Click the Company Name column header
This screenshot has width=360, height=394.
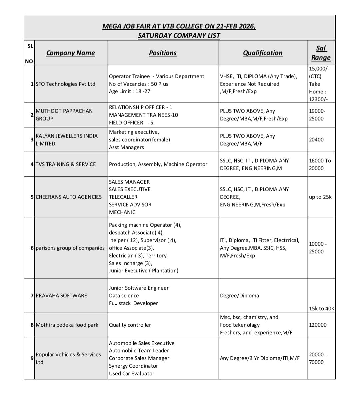click(70, 53)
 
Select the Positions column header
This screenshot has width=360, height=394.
click(163, 53)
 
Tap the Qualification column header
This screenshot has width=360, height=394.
click(263, 53)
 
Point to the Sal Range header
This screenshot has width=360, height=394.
click(321, 53)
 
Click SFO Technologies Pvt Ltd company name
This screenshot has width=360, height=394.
click(65, 84)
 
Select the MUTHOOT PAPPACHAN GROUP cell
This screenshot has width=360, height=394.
click(64, 115)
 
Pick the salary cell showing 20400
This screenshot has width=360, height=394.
click(316, 140)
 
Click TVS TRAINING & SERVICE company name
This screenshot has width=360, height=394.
click(66, 164)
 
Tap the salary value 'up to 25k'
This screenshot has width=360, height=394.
click(320, 197)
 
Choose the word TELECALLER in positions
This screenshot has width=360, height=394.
click(123, 197)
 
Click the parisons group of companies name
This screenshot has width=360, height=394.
click(70, 248)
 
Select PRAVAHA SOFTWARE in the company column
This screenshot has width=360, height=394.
click(61, 296)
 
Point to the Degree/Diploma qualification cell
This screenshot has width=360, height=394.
click(239, 296)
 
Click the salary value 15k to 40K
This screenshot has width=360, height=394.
click(321, 309)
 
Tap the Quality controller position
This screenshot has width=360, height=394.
click(130, 325)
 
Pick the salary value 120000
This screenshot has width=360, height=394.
click(318, 325)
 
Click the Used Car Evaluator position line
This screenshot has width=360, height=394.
click(132, 374)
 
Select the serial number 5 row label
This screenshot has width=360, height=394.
click(32, 197)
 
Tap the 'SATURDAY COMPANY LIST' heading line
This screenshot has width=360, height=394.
click(179, 35)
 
